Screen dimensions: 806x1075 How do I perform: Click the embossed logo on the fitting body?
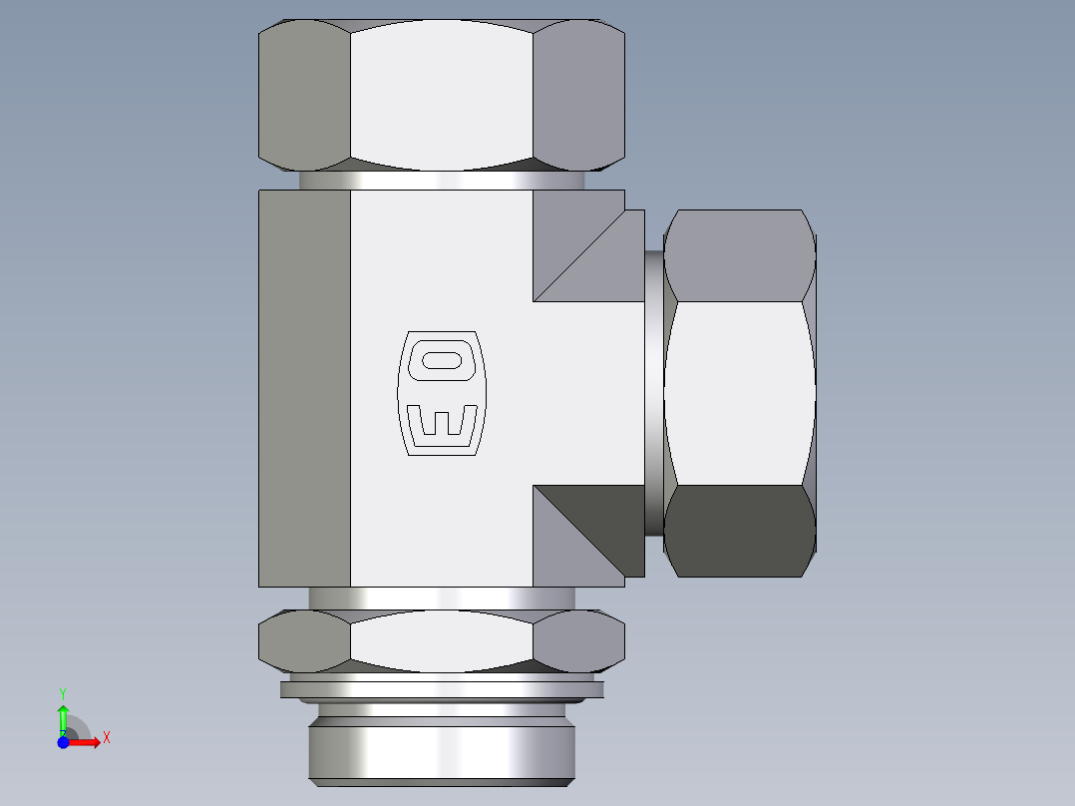(x=441, y=393)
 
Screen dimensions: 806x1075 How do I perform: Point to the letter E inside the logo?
(x=441, y=421)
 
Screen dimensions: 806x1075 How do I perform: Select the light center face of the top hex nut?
(x=441, y=95)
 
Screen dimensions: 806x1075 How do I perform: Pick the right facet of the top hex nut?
(x=578, y=95)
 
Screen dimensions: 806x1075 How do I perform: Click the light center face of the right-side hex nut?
(x=738, y=393)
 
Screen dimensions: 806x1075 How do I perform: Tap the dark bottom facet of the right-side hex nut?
(x=738, y=531)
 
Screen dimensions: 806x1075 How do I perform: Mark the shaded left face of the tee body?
(x=304, y=389)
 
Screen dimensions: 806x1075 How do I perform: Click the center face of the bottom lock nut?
(x=441, y=639)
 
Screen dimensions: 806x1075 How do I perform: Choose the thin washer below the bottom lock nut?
(x=442, y=688)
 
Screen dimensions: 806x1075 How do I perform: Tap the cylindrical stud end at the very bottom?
(x=442, y=750)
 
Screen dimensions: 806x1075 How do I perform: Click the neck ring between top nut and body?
(x=442, y=181)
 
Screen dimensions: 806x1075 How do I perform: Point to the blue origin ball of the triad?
(x=64, y=742)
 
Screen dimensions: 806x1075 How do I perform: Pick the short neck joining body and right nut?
(x=653, y=393)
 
